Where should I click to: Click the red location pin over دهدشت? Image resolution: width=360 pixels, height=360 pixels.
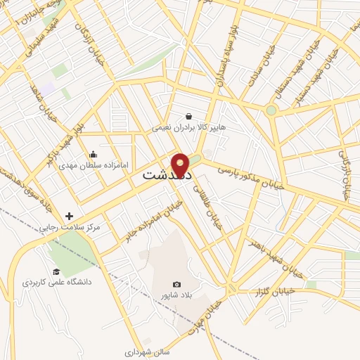(181, 164)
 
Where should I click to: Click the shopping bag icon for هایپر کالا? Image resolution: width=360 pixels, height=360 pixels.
(189, 117)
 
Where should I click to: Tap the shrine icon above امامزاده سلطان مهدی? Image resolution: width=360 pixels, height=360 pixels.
(94, 155)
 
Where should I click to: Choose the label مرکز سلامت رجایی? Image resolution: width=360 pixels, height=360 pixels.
(69, 228)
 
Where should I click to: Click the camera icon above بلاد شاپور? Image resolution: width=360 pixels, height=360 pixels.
(176, 285)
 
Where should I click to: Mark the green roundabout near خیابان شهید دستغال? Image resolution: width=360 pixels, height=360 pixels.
(271, 110)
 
